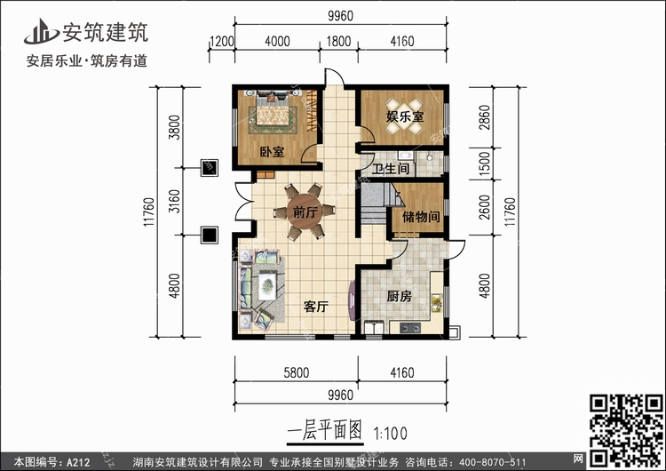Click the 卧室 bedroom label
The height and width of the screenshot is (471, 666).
[x=272, y=151]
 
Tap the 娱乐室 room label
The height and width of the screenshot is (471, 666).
[x=405, y=116]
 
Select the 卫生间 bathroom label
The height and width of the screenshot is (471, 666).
[x=391, y=169]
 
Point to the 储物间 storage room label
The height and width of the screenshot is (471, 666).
[x=421, y=217]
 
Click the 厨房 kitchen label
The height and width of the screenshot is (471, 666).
[x=400, y=296]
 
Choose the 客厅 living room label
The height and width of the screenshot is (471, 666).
[x=316, y=306]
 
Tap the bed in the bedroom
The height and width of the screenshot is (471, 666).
[x=273, y=112]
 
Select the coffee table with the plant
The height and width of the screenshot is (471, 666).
[x=266, y=284]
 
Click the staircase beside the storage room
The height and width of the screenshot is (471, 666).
[x=374, y=204]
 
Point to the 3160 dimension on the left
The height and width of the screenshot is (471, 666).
[x=174, y=201]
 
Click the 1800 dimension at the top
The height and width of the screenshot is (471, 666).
[x=338, y=41]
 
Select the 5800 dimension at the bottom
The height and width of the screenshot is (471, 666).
[x=296, y=372]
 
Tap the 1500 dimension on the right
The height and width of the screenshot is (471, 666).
[x=484, y=162]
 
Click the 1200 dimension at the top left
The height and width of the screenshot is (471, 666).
[x=222, y=41]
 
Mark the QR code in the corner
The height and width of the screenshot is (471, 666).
[x=627, y=430]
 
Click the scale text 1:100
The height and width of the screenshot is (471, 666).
[x=390, y=434]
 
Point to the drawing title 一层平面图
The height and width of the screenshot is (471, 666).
[x=324, y=432]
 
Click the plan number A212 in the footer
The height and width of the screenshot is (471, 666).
[x=78, y=462]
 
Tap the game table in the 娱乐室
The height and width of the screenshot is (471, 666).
[x=404, y=116]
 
